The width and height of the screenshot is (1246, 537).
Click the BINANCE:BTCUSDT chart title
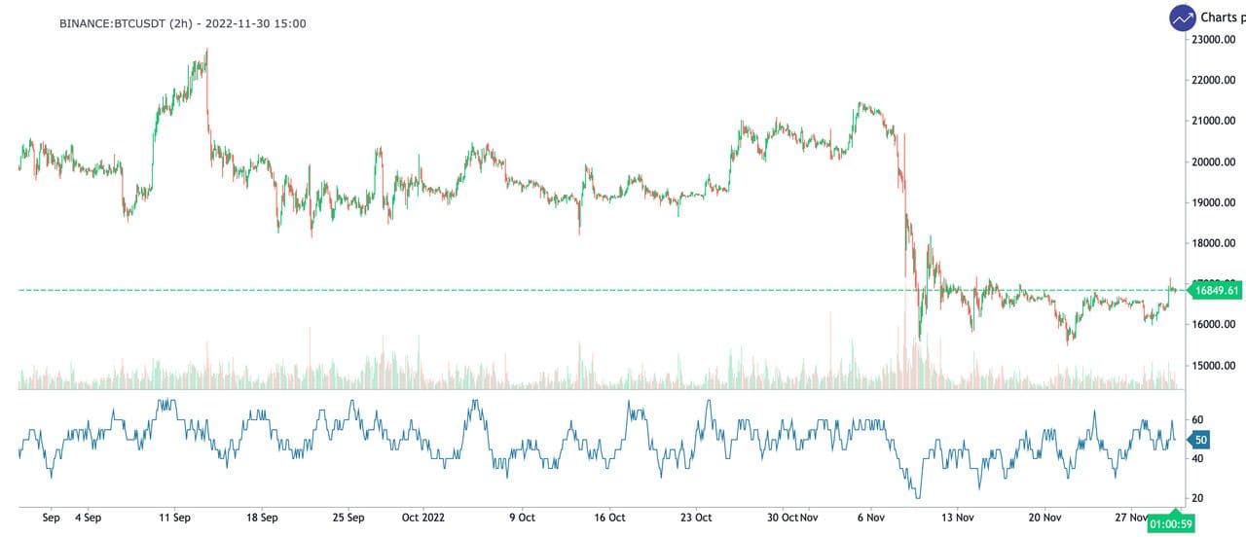pyautogui.click(x=183, y=22)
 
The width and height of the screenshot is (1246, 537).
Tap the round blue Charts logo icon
pyautogui.click(x=1183, y=18)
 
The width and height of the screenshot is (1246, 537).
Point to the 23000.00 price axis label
pyautogui.click(x=1214, y=39)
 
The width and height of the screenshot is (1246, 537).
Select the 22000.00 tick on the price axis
pyautogui.click(x=1214, y=80)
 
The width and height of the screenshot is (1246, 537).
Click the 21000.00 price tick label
pyautogui.click(x=1214, y=121)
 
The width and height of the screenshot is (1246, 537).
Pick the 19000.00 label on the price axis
pyautogui.click(x=1214, y=202)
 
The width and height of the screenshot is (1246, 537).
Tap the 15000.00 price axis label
pyautogui.click(x=1214, y=366)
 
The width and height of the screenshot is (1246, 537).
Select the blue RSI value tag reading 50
pyautogui.click(x=1200, y=441)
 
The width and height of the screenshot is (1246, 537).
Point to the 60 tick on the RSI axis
pyautogui.click(x=1198, y=420)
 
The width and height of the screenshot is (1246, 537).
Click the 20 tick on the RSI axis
pyautogui.click(x=1198, y=498)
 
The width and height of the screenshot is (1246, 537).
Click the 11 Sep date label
pyautogui.click(x=175, y=518)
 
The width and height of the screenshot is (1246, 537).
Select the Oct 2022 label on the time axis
pyautogui.click(x=423, y=518)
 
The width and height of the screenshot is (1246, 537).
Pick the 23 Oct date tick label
pyautogui.click(x=696, y=518)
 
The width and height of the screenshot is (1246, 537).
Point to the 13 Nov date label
pyautogui.click(x=957, y=518)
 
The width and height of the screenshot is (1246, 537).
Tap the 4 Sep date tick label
pyautogui.click(x=88, y=518)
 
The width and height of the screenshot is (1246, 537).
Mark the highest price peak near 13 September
pyautogui.click(x=207, y=50)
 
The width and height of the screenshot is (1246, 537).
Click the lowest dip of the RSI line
pyautogui.click(x=914, y=497)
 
